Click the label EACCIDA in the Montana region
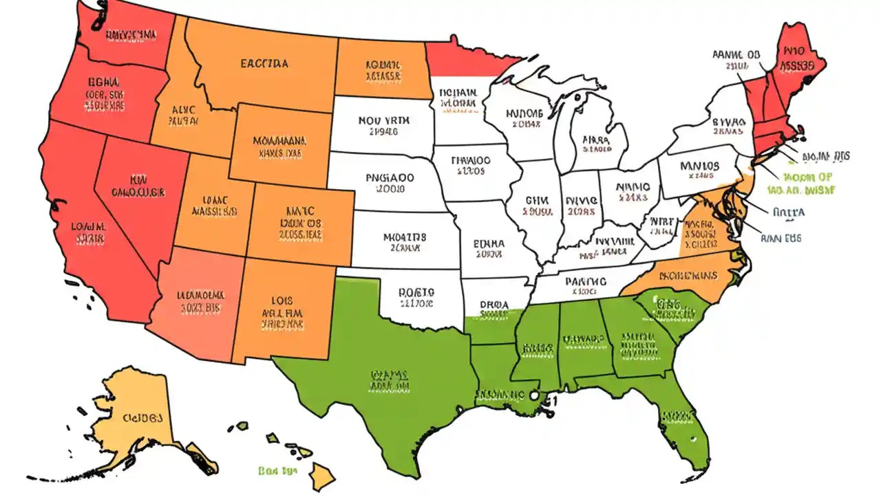pos(264,64)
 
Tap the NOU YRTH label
pos(384,120)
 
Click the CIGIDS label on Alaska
pos(142,417)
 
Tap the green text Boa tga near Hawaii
pos(276,471)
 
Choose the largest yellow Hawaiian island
pos(321,474)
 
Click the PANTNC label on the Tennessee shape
pos(585,280)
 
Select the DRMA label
pos(493,303)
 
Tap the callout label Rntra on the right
pos(788,212)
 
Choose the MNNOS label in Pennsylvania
pos(699,166)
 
